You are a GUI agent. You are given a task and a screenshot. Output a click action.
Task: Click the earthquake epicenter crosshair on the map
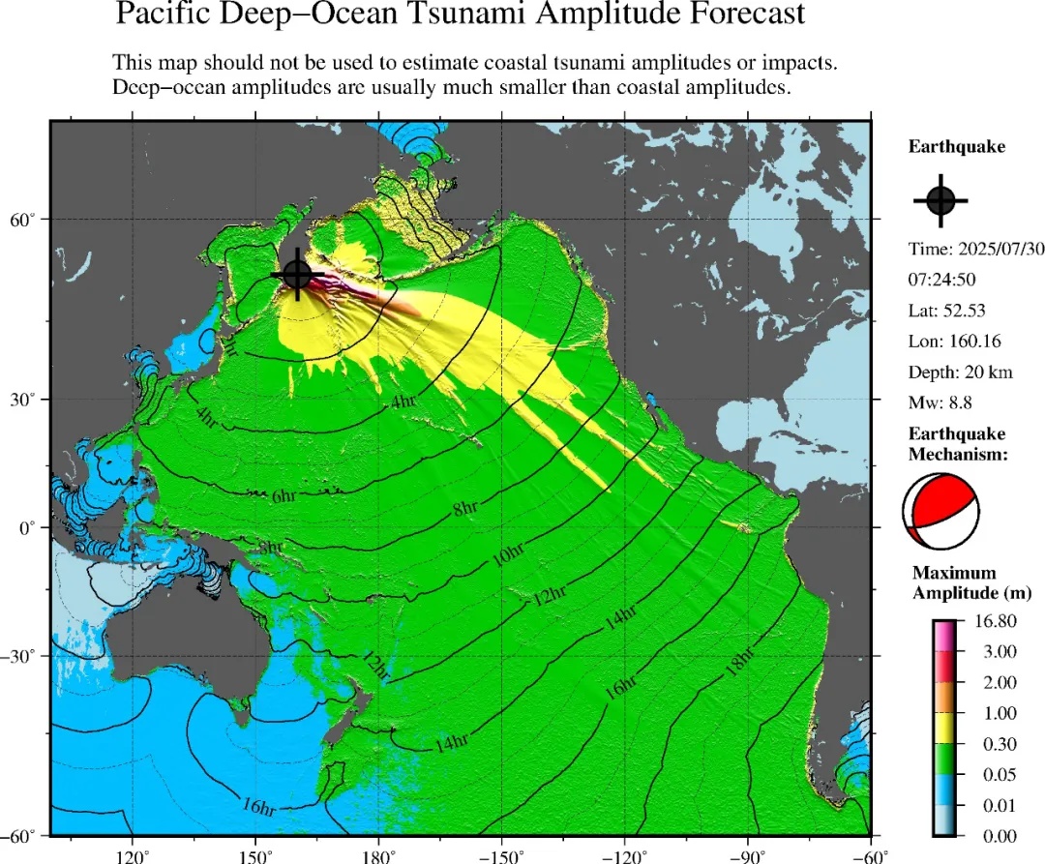tap(297, 275)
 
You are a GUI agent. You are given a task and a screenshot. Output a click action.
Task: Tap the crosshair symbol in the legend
tap(940, 200)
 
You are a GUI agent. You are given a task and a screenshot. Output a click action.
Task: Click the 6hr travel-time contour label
tap(284, 496)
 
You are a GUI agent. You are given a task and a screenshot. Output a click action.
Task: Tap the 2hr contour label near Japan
tap(229, 347)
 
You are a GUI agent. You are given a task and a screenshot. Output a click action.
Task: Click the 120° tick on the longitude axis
tap(132, 854)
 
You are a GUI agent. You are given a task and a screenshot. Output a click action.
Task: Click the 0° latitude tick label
tap(26, 528)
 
